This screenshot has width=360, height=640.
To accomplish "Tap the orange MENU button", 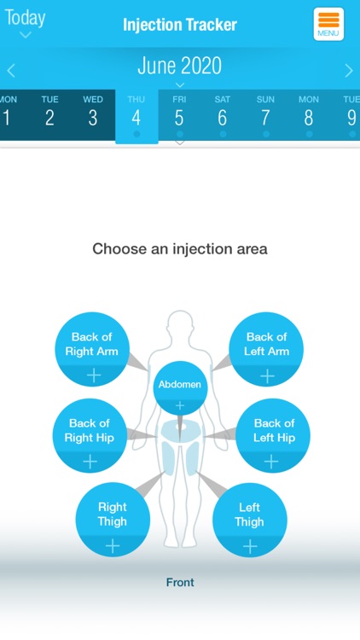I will coord(328,24).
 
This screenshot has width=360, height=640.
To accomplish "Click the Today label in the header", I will coord(26,18).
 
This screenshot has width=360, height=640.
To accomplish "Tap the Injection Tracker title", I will coord(180,25).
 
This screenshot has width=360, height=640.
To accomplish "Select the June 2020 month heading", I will coord(179,66).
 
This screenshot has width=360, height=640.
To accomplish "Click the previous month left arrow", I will coord(11,71).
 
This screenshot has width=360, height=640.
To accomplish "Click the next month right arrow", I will coord(348,71).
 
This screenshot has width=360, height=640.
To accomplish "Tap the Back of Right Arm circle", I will coord(92,350).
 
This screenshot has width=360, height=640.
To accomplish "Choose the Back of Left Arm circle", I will coord(267,350).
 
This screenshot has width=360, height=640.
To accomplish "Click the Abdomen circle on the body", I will coord(180,387).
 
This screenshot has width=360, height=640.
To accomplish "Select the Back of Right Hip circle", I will coord(90,436).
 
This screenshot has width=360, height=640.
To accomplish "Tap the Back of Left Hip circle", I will coord(273,436).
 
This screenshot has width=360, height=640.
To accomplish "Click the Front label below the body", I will coord(180,583).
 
